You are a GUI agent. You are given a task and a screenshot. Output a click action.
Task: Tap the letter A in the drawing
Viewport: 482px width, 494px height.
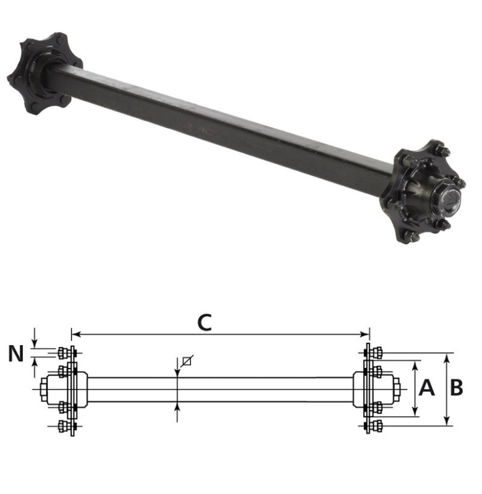[x=427, y=388]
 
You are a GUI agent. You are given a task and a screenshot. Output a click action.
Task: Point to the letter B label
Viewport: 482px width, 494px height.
[x=457, y=388]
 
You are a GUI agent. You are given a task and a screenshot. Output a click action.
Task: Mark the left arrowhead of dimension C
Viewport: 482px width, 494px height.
[x=74, y=335]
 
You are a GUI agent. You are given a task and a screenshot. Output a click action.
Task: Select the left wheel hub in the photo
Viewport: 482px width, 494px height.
[x=43, y=73]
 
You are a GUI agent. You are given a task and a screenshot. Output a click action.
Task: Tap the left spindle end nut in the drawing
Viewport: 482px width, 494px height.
[x=45, y=390]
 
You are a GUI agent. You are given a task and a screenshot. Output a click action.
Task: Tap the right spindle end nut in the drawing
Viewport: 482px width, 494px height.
[x=395, y=390]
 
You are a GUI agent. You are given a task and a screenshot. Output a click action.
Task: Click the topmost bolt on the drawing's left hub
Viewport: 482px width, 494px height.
[x=62, y=353]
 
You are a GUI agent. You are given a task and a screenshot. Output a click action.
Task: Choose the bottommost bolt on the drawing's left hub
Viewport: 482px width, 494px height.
[x=62, y=426]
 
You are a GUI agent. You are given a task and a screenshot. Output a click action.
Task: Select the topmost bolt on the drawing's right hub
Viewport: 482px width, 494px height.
[x=378, y=353]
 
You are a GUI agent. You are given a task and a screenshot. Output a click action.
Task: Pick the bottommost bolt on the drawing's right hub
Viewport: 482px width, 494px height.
[x=378, y=426]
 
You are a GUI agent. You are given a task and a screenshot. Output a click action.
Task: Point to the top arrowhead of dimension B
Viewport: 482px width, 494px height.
[x=447, y=356]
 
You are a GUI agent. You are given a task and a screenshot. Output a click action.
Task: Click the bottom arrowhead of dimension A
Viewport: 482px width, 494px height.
[x=415, y=414]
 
